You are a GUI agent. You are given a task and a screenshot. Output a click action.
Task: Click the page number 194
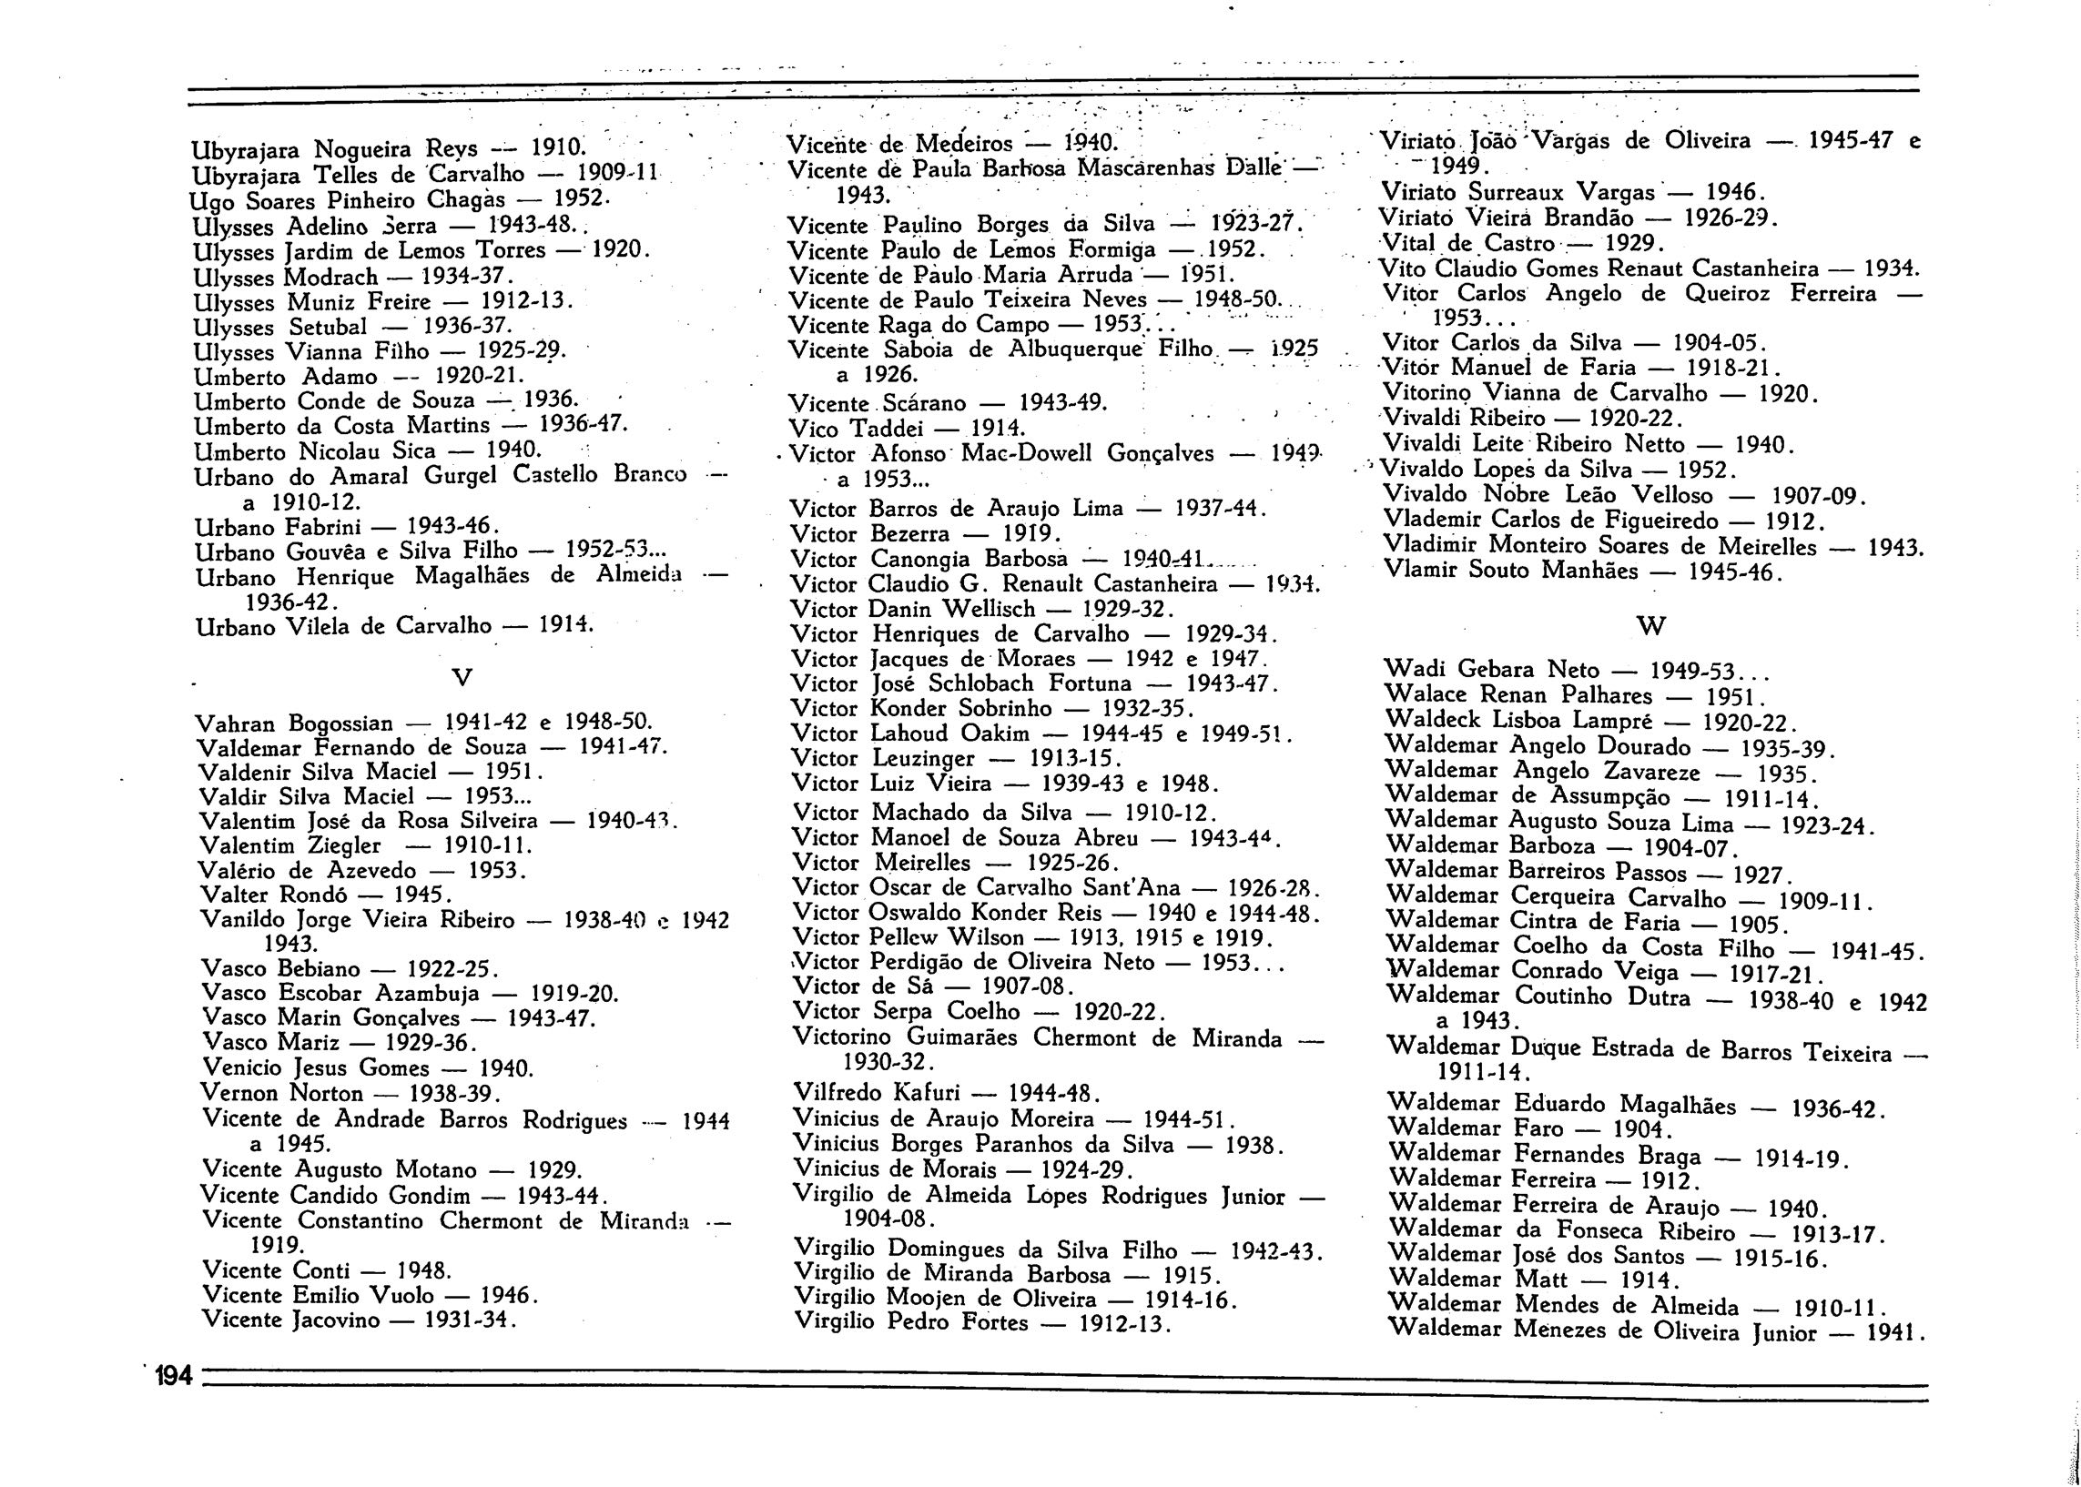point(172,1375)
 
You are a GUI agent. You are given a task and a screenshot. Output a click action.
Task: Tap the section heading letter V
point(462,679)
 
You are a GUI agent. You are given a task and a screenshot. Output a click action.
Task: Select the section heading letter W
point(1650,626)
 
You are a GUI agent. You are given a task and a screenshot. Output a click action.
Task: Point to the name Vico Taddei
point(866,428)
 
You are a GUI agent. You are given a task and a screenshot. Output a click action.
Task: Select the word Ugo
point(208,200)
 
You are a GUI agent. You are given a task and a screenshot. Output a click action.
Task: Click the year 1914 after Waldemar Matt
point(1649,1280)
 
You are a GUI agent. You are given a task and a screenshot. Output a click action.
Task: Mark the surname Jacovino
point(335,1320)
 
